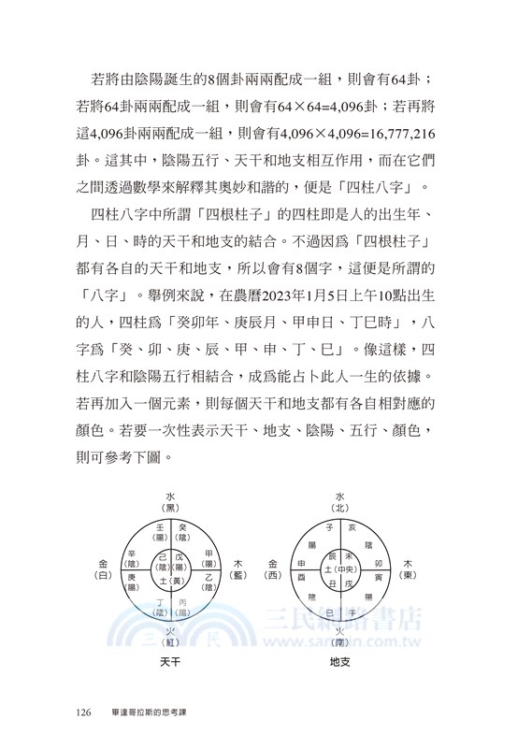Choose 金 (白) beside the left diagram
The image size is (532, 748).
point(102,568)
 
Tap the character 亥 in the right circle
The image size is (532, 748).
point(352,528)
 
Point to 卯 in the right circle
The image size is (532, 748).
point(377,565)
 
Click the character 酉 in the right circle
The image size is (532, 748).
point(301,578)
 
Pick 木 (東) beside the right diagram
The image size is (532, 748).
point(409,569)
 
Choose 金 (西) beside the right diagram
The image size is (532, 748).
point(272,569)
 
